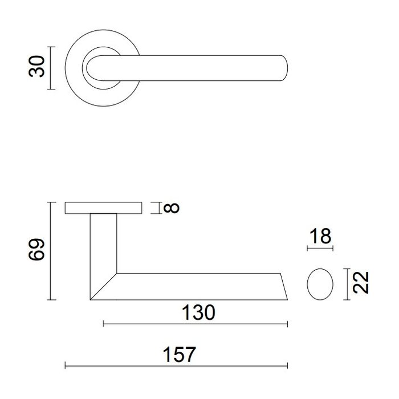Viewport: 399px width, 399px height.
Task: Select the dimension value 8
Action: [x=173, y=207]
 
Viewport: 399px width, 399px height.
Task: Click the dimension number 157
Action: [x=178, y=354]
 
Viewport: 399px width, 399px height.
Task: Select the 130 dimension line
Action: [x=195, y=324]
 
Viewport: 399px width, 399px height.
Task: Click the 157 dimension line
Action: [x=176, y=365]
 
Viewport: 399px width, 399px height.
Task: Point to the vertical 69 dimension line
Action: [x=52, y=250]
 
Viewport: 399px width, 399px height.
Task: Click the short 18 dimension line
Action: [x=319, y=249]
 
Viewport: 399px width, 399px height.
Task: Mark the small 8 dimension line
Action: [x=155, y=207]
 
